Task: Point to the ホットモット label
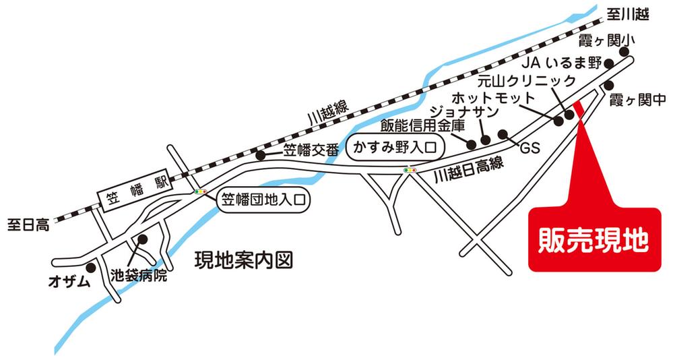[492, 98]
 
